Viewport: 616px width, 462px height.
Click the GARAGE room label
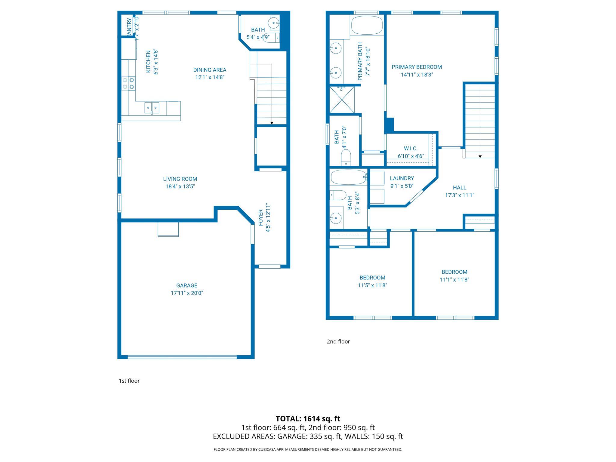pos(187,285)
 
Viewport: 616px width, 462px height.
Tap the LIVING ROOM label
pos(180,179)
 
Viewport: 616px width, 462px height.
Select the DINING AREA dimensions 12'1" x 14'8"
pos(210,77)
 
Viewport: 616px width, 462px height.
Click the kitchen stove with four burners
pos(128,83)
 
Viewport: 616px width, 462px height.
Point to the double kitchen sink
pos(152,108)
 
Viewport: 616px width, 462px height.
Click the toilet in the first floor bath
pos(271,38)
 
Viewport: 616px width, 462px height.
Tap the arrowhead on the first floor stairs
pos(272,123)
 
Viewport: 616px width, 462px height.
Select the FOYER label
pos(260,217)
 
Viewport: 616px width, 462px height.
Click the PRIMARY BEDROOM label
pos(417,67)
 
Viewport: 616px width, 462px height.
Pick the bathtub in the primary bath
pos(367,25)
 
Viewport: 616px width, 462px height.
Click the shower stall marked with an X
pos(342,100)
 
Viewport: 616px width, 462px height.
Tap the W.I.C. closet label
pos(411,149)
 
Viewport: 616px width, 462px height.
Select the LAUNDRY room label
pos(402,178)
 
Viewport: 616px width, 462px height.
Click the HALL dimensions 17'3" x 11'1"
pos(459,195)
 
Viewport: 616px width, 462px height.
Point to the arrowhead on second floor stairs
pos(480,156)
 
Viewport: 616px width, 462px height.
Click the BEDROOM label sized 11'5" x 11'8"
pos(372,278)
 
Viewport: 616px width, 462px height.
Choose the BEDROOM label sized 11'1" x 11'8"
pos(454,272)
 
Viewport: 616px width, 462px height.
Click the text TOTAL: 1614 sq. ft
pos(308,419)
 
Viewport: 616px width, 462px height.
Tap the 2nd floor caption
pos(338,341)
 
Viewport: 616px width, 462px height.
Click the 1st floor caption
pos(129,381)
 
